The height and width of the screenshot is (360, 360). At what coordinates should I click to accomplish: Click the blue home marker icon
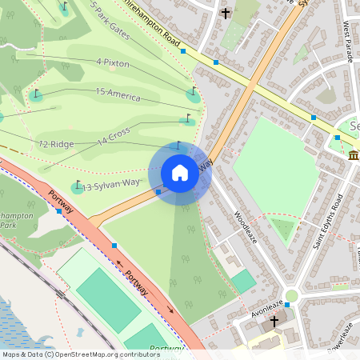180,173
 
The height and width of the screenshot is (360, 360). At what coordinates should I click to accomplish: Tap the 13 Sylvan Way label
111,185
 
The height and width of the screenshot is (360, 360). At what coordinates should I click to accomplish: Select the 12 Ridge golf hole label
57,144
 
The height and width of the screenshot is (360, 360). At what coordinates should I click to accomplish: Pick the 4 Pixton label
113,62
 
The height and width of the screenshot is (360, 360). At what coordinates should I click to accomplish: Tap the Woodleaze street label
248,228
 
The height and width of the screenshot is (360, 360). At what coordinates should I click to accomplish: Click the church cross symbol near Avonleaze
274,321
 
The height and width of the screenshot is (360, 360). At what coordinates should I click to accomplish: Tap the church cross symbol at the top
226,13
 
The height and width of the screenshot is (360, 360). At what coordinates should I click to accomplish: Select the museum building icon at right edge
354,154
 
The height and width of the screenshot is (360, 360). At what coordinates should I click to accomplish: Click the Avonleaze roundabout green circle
291,296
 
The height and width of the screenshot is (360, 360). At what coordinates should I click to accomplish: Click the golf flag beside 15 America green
193,90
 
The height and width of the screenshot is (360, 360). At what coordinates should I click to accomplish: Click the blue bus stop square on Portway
114,245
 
